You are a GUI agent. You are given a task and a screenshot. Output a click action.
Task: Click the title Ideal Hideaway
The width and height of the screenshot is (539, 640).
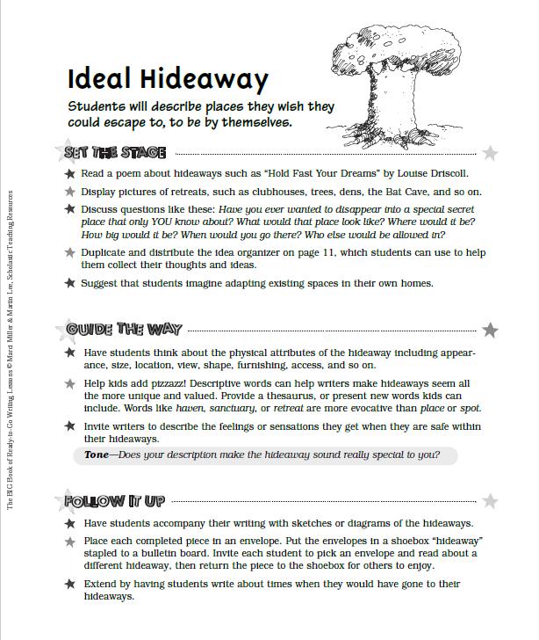(168, 79)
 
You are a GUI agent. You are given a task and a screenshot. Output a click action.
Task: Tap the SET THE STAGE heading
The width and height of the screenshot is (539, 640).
(114, 152)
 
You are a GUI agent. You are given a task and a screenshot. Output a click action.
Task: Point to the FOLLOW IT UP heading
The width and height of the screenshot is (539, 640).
(114, 501)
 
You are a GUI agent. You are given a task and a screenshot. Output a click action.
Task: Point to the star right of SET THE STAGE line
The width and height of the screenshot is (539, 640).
(490, 153)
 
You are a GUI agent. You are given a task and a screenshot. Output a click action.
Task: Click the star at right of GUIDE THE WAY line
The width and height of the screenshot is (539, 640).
(490, 331)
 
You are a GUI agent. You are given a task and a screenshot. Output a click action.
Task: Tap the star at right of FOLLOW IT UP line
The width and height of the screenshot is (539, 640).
(490, 501)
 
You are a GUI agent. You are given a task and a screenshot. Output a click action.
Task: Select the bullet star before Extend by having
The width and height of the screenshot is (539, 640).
(69, 584)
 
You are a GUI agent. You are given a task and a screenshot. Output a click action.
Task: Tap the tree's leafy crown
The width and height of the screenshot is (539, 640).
(392, 48)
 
